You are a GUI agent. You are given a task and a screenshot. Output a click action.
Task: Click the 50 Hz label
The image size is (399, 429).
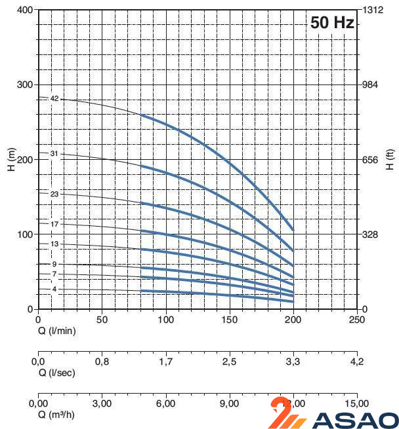point(332,23)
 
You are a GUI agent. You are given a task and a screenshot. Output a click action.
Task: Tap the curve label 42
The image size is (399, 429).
point(54,99)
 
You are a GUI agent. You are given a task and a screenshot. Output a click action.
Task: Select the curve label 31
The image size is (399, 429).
point(54,154)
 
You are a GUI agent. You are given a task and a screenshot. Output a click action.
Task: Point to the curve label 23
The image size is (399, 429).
point(54,194)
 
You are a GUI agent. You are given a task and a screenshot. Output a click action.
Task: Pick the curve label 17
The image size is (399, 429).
point(54,225)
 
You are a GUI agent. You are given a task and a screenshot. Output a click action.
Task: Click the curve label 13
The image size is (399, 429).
point(54,244)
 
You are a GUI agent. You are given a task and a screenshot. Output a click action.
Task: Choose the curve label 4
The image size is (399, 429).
point(54,289)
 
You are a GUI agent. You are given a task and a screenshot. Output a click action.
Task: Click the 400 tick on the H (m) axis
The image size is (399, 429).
point(24,10)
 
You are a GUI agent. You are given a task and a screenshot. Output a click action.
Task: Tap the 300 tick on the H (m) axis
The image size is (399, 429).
point(24,85)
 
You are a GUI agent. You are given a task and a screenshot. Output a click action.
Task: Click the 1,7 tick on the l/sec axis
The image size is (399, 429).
point(165,361)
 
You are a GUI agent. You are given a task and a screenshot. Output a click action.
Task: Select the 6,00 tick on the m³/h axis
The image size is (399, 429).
point(165,403)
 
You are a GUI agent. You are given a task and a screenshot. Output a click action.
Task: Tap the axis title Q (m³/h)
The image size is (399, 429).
point(56,415)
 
